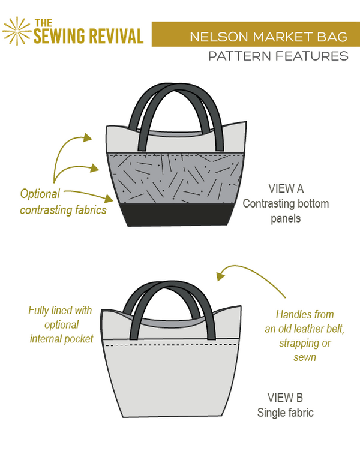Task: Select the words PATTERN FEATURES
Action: [x=278, y=56]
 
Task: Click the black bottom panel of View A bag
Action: [x=179, y=214]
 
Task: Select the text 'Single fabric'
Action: [x=286, y=413]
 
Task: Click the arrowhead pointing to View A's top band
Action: [x=88, y=138]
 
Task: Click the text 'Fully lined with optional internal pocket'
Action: [x=61, y=324]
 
